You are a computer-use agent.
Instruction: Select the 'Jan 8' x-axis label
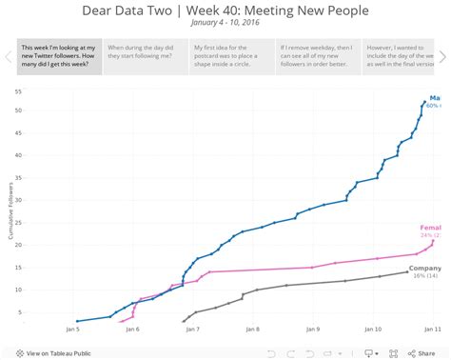[x=252, y=330]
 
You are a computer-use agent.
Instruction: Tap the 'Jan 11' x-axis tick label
[x=430, y=330]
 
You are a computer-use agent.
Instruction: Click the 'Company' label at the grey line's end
[x=424, y=270]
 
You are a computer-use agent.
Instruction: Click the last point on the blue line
[x=425, y=102]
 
